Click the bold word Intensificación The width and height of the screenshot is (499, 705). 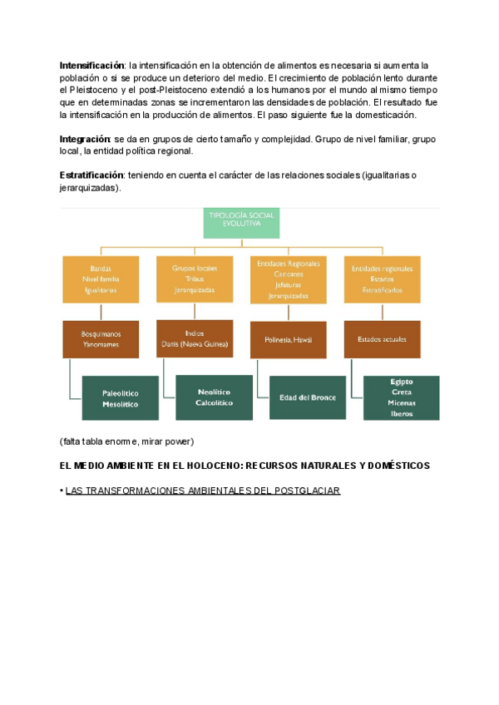tap(91, 65)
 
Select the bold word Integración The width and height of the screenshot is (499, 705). tap(85, 139)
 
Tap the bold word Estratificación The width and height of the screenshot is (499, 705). tap(91, 175)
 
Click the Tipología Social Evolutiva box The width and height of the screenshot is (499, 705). tap(241, 224)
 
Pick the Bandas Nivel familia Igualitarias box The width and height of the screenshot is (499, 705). tap(100, 279)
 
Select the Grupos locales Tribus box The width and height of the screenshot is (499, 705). tap(195, 279)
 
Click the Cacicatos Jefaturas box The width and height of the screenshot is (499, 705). tap(288, 279)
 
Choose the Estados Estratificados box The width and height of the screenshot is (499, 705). tap(382, 279)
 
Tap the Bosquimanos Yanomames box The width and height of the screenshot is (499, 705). tap(100, 338)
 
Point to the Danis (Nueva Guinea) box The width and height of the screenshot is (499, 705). tap(195, 338)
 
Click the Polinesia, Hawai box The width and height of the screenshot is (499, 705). tap(288, 339)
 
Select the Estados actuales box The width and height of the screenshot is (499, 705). tap(382, 339)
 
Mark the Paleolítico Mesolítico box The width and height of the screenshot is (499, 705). tap(120, 398)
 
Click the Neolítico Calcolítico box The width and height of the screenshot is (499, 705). tap(214, 397)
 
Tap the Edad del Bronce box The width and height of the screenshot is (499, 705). tap(307, 397)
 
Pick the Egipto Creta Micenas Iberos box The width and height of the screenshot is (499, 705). tap(401, 397)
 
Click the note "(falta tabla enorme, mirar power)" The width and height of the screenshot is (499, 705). tap(126, 441)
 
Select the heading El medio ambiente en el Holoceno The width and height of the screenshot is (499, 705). tap(245, 466)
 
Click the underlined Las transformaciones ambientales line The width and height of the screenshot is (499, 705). tap(203, 491)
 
